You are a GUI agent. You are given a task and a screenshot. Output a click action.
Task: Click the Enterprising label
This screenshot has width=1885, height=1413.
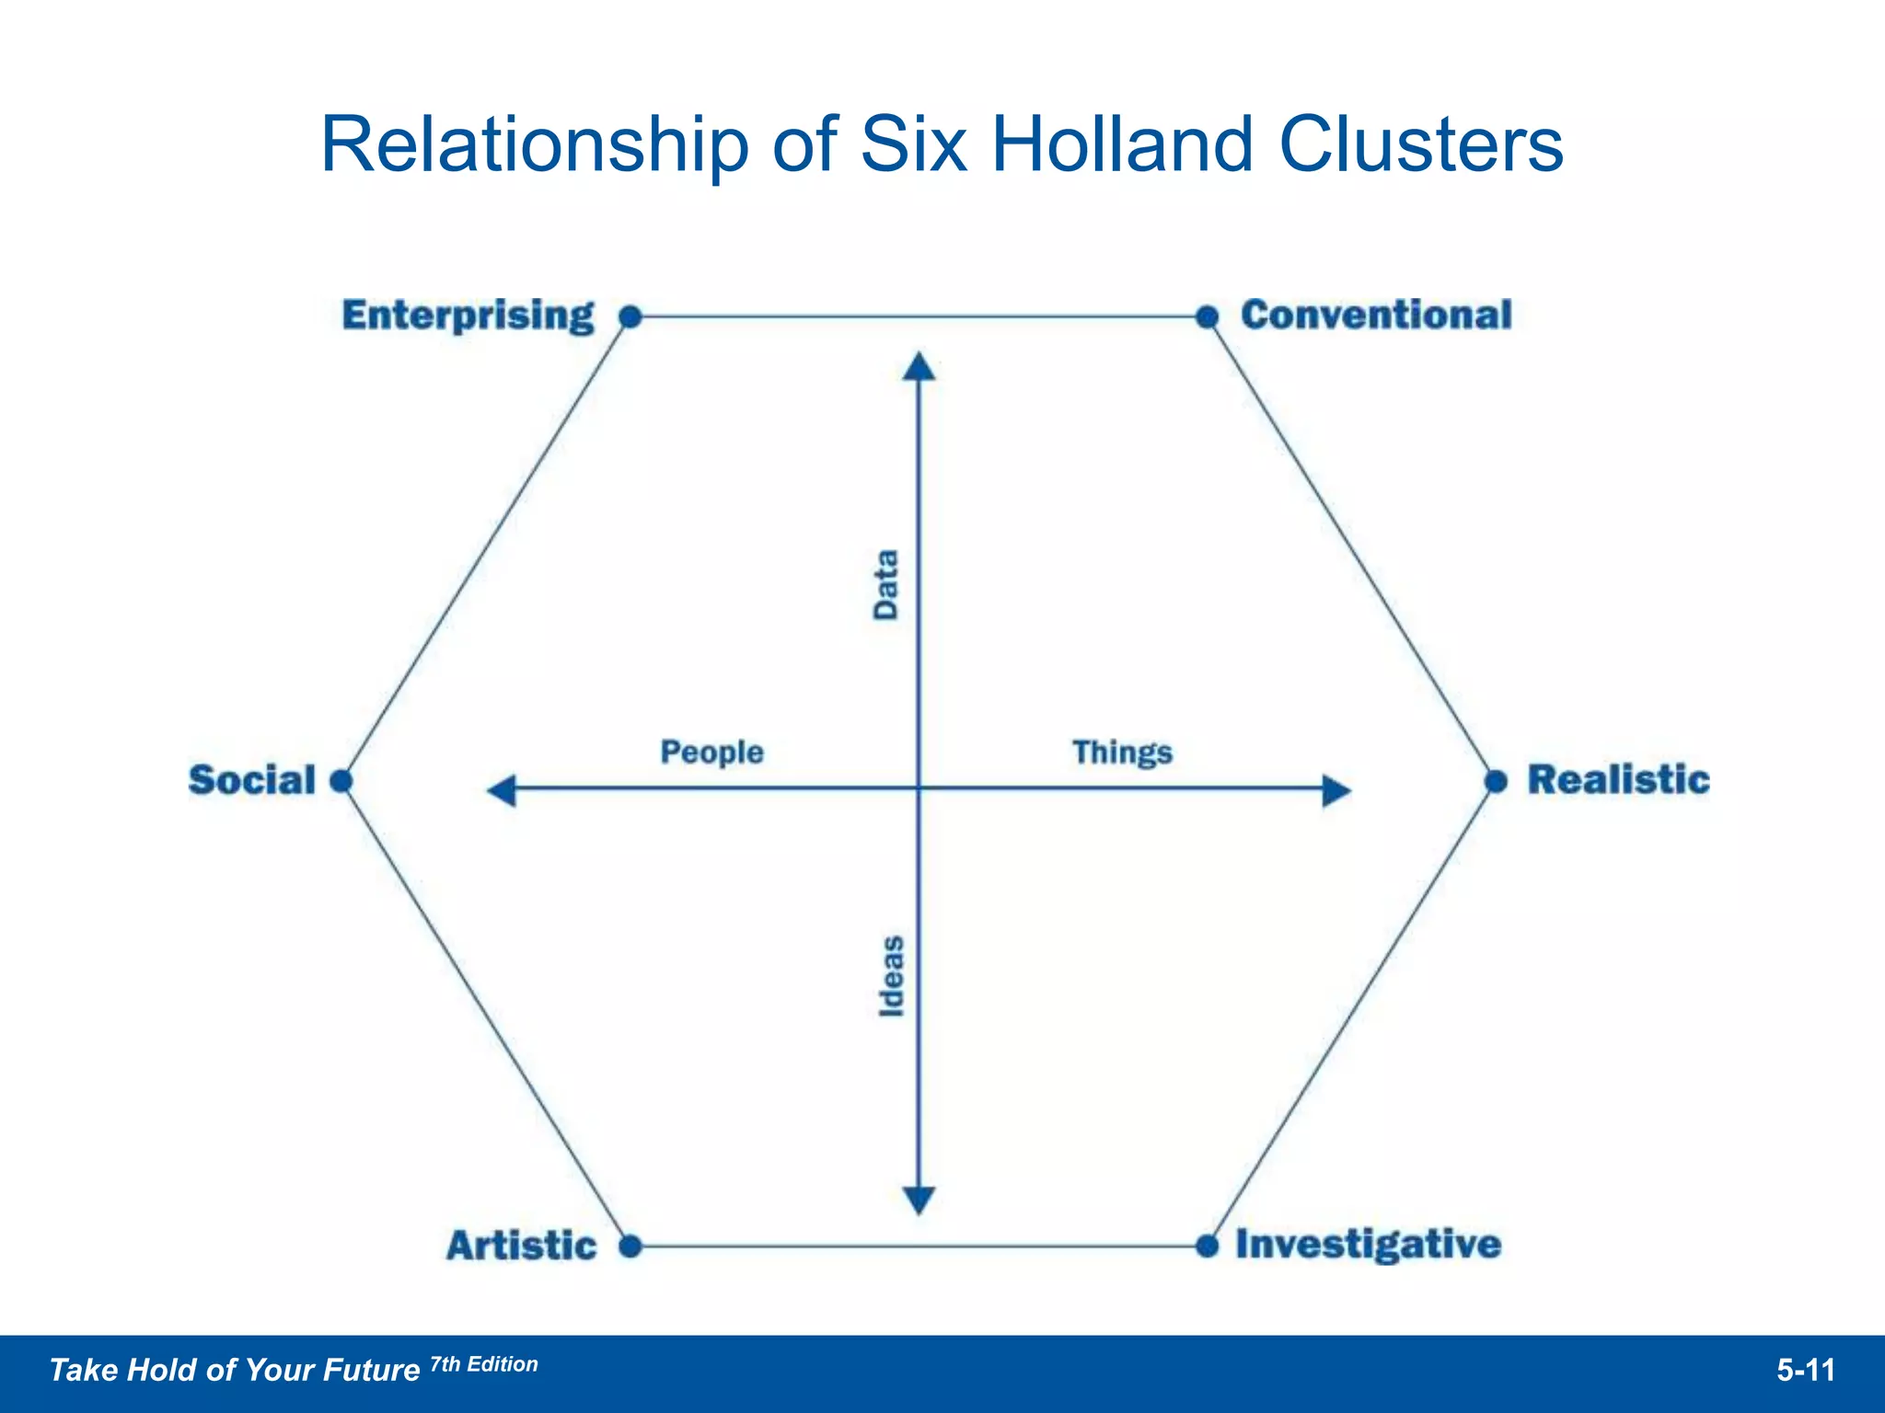pos(468,316)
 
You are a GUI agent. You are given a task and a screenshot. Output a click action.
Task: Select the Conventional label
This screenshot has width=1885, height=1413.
pos(1376,316)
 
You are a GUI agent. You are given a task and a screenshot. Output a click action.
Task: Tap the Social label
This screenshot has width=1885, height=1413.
pos(252,780)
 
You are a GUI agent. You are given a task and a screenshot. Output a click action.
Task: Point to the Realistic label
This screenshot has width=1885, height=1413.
pos(1618,780)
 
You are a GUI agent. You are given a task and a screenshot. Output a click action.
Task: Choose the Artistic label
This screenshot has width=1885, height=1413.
pos(522,1246)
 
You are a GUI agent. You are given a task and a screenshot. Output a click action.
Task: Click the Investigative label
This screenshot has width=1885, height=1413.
pos(1368,1245)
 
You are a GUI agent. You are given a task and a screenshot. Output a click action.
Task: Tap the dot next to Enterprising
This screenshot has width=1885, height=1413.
pos(630,317)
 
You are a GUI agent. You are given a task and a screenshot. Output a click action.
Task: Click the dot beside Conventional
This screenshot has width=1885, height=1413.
pos(1208,317)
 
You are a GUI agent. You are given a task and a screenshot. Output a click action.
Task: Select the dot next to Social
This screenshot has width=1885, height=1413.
pos(341,781)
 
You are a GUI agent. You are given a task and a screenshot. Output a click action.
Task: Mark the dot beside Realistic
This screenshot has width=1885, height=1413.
pos(1497,782)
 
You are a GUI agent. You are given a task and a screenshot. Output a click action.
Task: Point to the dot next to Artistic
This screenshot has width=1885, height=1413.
pos(630,1246)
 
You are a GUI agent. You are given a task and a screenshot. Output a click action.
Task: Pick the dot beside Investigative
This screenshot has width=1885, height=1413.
pos(1208,1246)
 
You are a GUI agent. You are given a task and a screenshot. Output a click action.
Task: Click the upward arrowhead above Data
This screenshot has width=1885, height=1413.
pos(919,366)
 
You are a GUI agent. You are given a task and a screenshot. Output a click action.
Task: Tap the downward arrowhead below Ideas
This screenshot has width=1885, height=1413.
pos(919,1200)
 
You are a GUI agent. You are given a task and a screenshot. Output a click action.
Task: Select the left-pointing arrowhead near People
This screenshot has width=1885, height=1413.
pos(502,789)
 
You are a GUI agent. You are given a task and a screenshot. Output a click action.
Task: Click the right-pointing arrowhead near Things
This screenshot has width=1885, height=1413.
pos(1336,789)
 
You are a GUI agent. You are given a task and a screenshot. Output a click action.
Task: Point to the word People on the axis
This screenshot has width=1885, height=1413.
pos(711,752)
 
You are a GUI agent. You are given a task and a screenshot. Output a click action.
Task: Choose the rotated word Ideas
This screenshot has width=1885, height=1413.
pos(891,976)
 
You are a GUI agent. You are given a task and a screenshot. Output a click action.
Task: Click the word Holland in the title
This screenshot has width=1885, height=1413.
pos(1122,144)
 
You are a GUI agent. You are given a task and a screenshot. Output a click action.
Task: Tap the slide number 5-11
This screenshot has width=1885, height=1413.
pos(1806,1371)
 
